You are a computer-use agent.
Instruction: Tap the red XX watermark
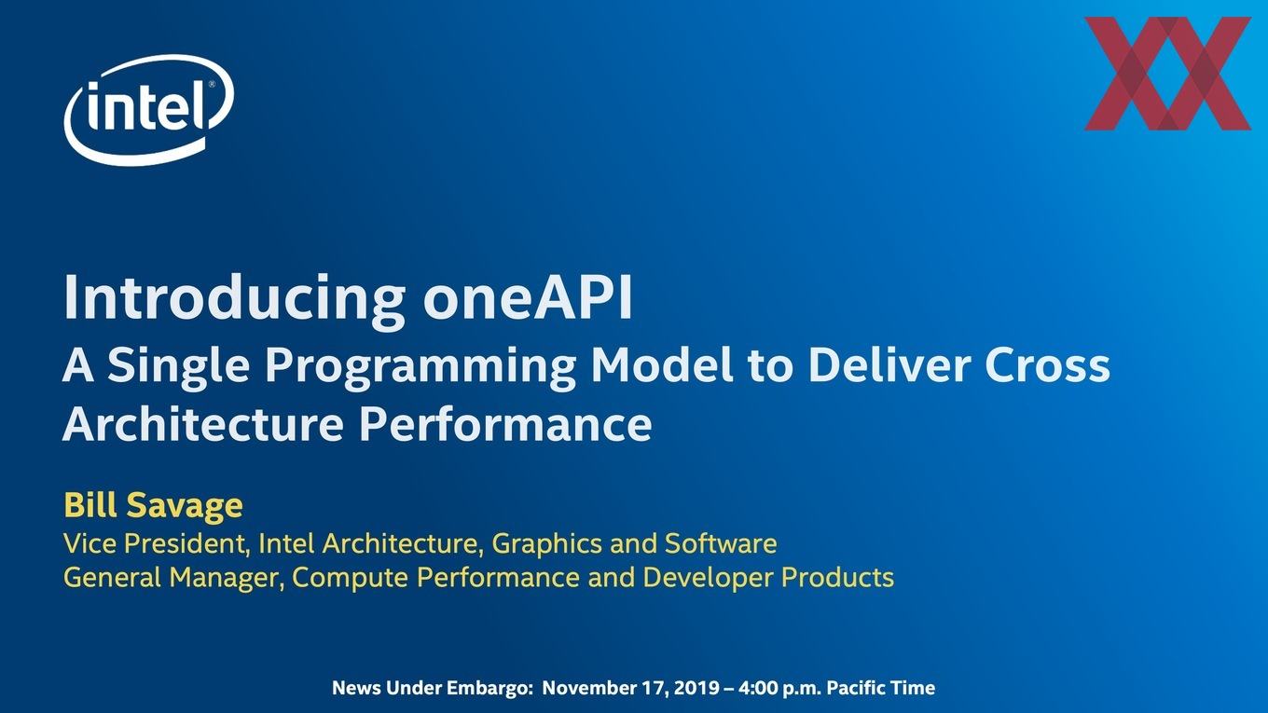click(1167, 74)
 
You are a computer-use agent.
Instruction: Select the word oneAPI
click(528, 297)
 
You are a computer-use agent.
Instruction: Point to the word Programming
click(420, 366)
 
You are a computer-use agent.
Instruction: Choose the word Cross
click(1047, 365)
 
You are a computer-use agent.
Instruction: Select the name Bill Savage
click(153, 505)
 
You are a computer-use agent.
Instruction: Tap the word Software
click(721, 543)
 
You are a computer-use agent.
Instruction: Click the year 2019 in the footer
click(696, 688)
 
